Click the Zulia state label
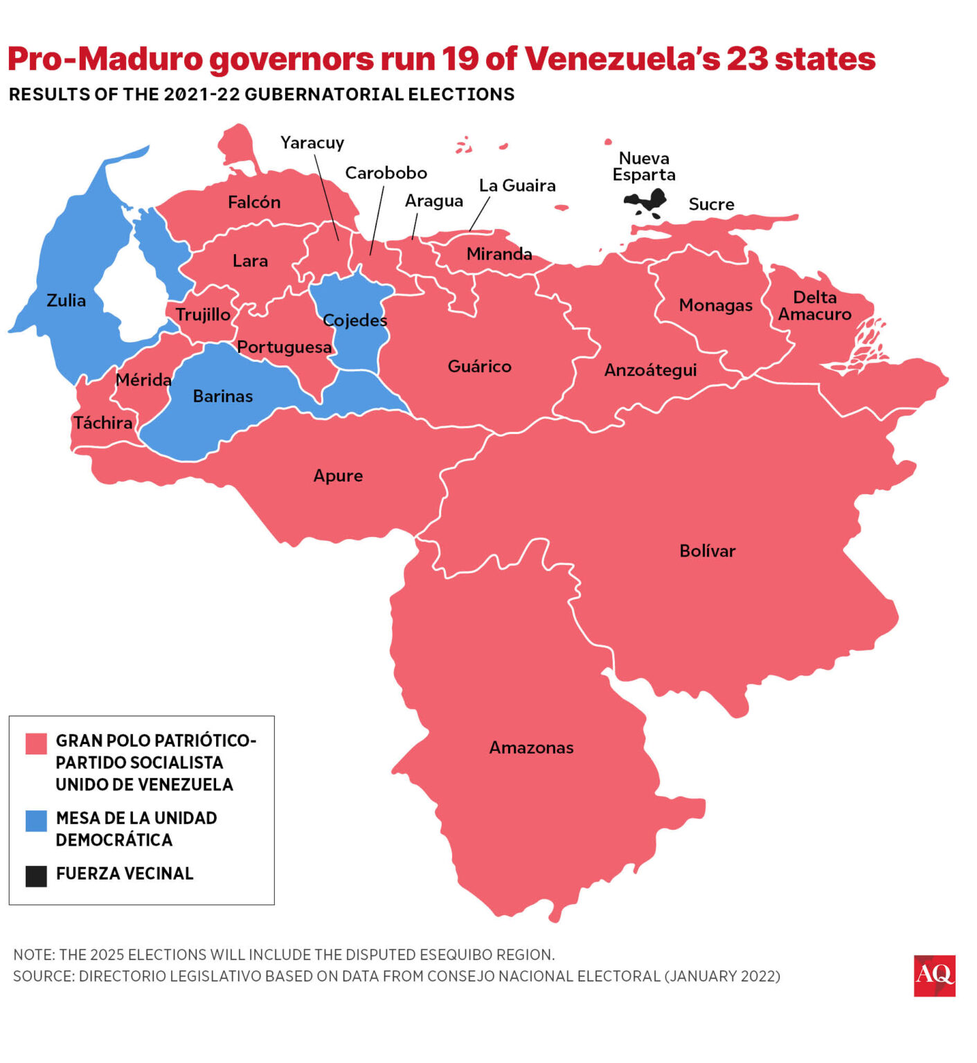[x=66, y=300]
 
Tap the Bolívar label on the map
[x=707, y=551]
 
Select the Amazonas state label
[x=531, y=747]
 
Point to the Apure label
[x=338, y=475]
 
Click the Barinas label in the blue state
[x=222, y=396]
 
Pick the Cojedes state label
[x=355, y=320]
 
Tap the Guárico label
[x=479, y=366]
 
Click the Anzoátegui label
[x=650, y=370]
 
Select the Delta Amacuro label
[x=814, y=305]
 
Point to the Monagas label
[x=715, y=305]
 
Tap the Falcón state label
[x=254, y=202]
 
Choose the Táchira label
[x=102, y=422]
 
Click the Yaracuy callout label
[x=312, y=143]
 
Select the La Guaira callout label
[x=517, y=185]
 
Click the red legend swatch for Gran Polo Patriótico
[x=36, y=743]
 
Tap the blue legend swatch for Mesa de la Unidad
[x=36, y=821]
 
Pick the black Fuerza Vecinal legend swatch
[x=36, y=875]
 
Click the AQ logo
[x=934, y=975]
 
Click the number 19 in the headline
[x=460, y=59]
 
